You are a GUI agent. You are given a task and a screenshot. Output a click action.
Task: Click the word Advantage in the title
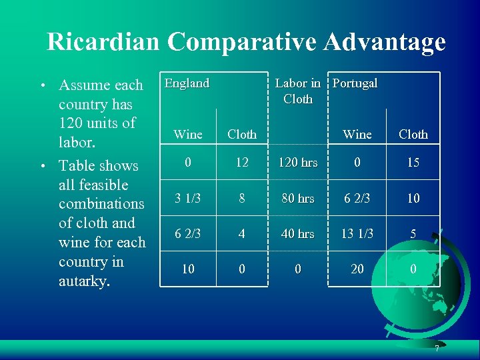point(385,42)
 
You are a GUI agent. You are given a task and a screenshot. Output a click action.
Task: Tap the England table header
point(187,83)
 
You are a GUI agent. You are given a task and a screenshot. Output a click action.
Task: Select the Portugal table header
point(355,83)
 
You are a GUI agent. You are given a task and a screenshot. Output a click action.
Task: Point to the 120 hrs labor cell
point(297,162)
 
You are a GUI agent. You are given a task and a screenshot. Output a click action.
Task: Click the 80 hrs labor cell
point(297,198)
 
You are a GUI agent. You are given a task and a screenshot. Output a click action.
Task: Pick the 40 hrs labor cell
point(297,233)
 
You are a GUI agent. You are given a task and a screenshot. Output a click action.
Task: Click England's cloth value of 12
point(241,162)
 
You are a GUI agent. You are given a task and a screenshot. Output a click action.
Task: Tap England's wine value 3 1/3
point(188,198)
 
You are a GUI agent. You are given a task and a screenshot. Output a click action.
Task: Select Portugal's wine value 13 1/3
point(357,233)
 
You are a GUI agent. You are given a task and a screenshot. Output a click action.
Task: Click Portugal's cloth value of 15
point(413,162)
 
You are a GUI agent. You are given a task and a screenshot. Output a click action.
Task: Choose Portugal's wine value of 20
point(357,269)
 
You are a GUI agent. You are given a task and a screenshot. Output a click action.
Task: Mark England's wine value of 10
point(188,269)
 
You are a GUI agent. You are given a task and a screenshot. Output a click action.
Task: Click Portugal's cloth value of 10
point(413,198)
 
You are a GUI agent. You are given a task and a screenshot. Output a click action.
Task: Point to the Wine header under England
point(188,134)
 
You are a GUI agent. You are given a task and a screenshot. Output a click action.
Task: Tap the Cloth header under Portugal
point(413,134)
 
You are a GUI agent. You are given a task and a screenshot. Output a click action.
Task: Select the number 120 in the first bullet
point(71,123)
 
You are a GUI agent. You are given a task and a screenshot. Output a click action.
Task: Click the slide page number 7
point(437,349)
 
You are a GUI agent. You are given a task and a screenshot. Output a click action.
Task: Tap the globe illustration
point(417,290)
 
